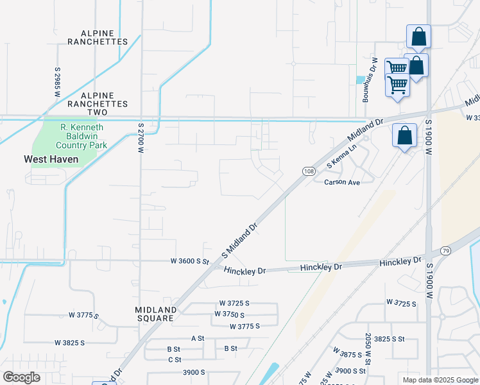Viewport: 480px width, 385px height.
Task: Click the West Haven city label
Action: (x=51, y=158)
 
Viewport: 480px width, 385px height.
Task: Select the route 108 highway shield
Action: (x=309, y=171)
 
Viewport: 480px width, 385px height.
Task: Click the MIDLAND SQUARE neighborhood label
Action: (x=155, y=314)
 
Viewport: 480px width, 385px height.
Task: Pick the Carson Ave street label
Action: (x=342, y=182)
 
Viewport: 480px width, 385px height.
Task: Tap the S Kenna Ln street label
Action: (x=341, y=157)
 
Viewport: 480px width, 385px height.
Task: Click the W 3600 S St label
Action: (x=190, y=261)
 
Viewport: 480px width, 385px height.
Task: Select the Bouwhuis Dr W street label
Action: (x=370, y=87)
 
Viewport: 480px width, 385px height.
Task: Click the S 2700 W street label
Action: (x=141, y=138)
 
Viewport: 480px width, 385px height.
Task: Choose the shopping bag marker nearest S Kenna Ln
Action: (x=404, y=135)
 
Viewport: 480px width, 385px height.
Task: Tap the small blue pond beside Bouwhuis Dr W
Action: (x=359, y=80)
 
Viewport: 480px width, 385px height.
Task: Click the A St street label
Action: (x=197, y=338)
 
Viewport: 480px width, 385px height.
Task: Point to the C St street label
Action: (x=175, y=359)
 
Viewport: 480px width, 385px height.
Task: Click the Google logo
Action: (x=22, y=377)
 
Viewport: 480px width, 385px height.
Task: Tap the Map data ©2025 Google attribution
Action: (x=440, y=379)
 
